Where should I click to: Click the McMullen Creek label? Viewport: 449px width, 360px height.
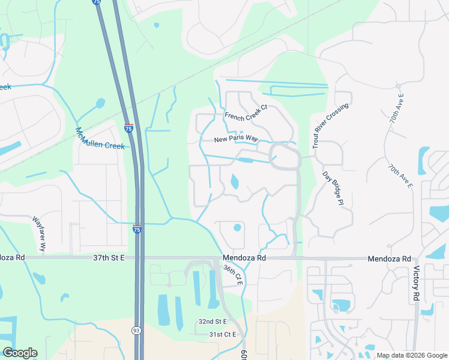point(100,139)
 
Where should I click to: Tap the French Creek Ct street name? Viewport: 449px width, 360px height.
point(245,112)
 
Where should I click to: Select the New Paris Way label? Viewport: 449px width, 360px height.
point(237,139)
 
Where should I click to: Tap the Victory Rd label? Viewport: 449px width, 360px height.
point(415,282)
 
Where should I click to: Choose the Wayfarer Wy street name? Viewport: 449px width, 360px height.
point(40,233)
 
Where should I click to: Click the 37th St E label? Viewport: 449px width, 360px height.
point(109,257)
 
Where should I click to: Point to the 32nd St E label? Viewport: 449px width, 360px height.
point(212,322)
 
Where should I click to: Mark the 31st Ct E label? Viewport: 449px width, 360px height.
point(223,334)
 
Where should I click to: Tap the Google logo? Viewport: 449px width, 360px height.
point(20,353)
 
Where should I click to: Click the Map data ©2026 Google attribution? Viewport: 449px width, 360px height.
point(411,355)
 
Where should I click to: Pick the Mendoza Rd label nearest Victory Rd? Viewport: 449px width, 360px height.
point(390,257)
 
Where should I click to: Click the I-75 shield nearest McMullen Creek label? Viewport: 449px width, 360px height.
point(129,128)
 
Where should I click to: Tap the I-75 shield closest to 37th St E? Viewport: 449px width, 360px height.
point(137,229)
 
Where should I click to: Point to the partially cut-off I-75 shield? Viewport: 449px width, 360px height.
point(97,2)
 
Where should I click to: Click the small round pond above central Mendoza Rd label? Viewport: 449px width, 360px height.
point(237,227)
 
